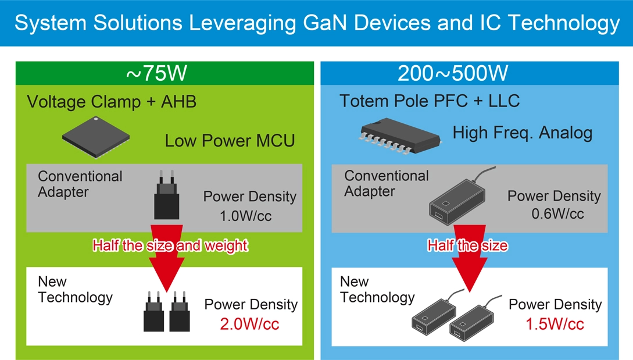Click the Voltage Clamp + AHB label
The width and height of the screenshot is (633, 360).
click(112, 102)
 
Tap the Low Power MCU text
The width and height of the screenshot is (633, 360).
click(230, 141)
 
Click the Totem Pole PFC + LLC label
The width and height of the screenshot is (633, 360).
click(430, 101)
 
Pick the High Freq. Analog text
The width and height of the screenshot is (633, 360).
click(522, 133)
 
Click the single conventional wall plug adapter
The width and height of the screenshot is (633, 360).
click(166, 199)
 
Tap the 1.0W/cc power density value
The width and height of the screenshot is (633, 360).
click(245, 216)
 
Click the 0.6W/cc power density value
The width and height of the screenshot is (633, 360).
click(557, 214)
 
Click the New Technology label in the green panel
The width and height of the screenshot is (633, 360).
click(74, 290)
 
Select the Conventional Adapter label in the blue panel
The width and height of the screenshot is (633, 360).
click(386, 183)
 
